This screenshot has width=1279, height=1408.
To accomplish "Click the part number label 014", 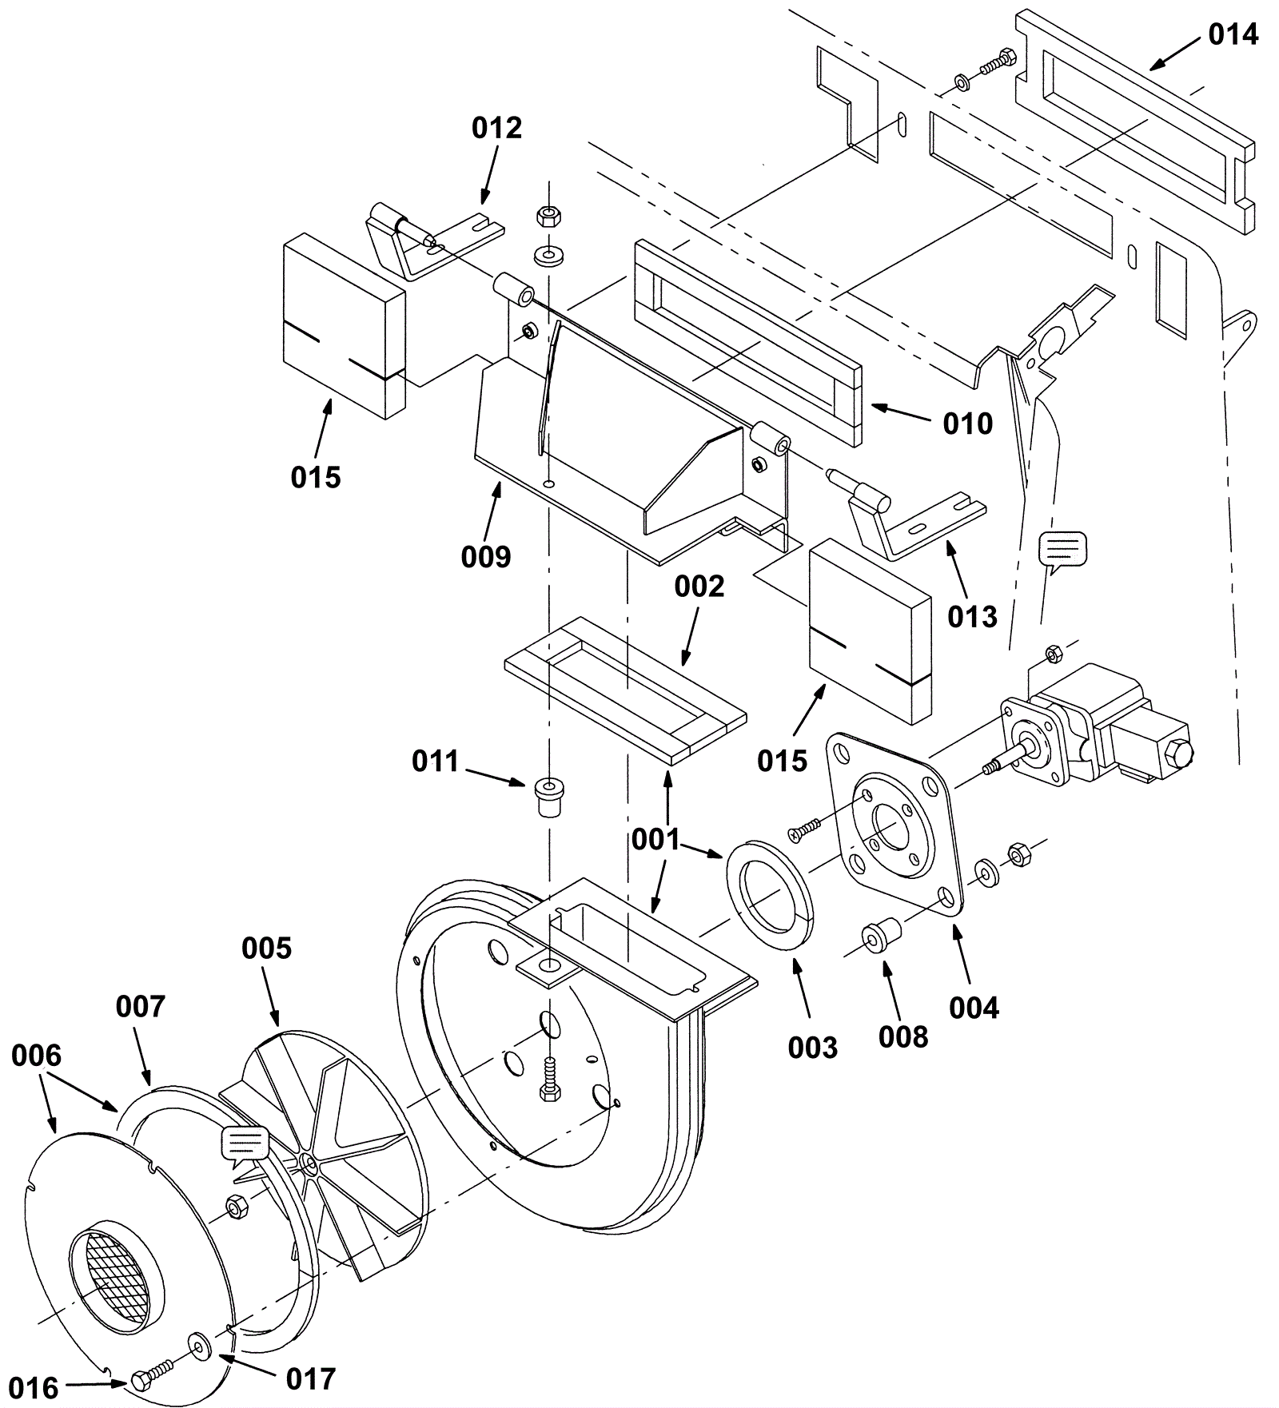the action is pyautogui.click(x=1233, y=34).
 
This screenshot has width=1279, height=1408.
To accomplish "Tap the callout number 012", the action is pyautogui.click(x=496, y=128).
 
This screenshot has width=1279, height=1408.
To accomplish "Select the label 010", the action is pyautogui.click(x=967, y=424).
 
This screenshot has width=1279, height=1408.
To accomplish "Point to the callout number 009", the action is pyautogui.click(x=486, y=557).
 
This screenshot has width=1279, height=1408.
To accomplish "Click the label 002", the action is pyautogui.click(x=699, y=587).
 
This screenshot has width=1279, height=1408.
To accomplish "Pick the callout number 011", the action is pyautogui.click(x=436, y=762).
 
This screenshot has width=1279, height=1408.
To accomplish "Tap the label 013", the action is pyautogui.click(x=973, y=617).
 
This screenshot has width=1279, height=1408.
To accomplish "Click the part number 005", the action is pyautogui.click(x=267, y=949).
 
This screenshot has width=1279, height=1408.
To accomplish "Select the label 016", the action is pyautogui.click(x=35, y=1389).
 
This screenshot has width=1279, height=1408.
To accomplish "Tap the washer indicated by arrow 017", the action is pyautogui.click(x=198, y=1344).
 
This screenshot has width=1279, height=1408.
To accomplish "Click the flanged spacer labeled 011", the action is pyautogui.click(x=549, y=794).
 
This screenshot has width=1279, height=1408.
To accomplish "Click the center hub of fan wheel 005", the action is pyautogui.click(x=309, y=1163).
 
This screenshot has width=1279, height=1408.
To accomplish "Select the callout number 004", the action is pyautogui.click(x=974, y=1008).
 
